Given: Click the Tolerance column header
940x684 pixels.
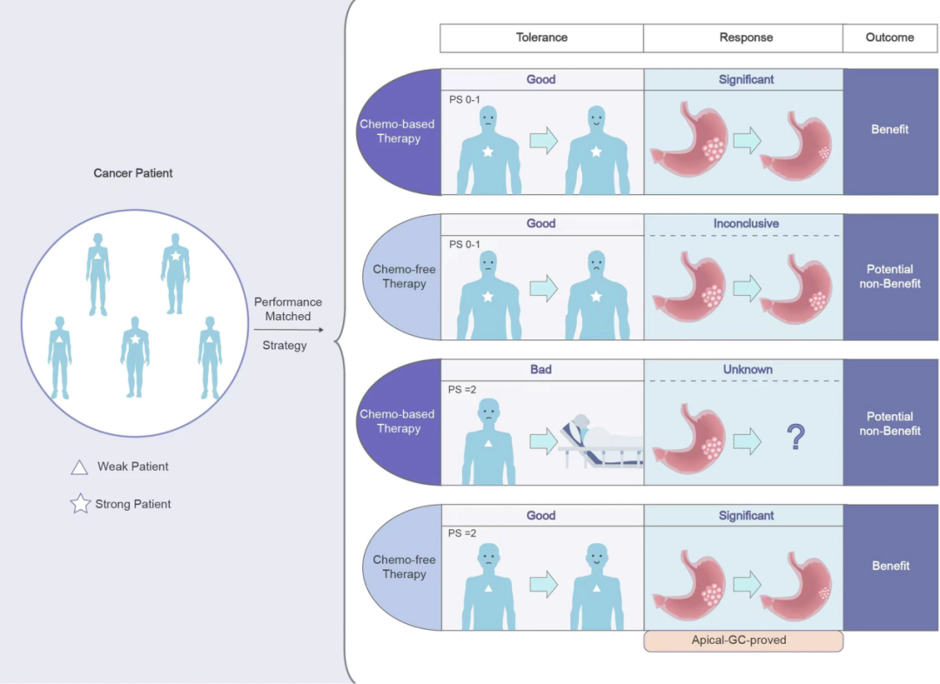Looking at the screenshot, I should pos(541,38).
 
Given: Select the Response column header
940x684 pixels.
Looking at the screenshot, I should pos(746,38).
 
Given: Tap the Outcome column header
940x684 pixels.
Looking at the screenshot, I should pos(890,38).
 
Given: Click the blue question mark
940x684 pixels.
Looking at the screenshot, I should pos(796,437).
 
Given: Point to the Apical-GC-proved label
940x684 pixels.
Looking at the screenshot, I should pos(743,640).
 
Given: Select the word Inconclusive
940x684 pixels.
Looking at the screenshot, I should pos(746,224).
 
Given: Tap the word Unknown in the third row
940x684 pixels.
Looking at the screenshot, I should pos(747,370).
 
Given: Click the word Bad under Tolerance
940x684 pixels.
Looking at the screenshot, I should pos(540,370).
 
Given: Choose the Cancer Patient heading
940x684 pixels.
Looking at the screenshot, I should pos(133,173).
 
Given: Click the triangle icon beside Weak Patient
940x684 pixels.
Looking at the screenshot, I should pos(79,467).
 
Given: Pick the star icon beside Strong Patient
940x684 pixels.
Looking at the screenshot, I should pos(80,504).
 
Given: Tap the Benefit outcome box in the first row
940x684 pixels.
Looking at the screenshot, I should pos(890,130).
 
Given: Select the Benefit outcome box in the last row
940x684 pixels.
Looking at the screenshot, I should pos(890,567).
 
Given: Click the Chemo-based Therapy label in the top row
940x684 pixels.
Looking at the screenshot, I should pos(399,131).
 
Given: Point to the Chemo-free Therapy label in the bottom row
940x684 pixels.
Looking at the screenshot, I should pos(404,567).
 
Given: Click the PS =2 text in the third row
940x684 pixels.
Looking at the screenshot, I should pos(462,390).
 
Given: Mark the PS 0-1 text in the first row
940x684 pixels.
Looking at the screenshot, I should pos(464,99).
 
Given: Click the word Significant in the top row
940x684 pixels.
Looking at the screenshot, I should pos(746,79).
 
